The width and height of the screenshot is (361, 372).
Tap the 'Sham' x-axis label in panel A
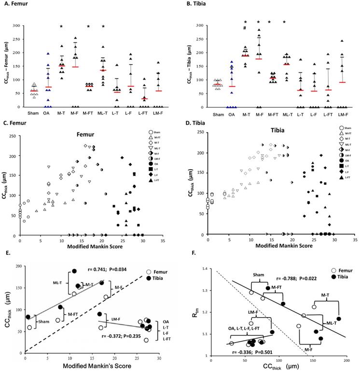pyautogui.click(x=33, y=114)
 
